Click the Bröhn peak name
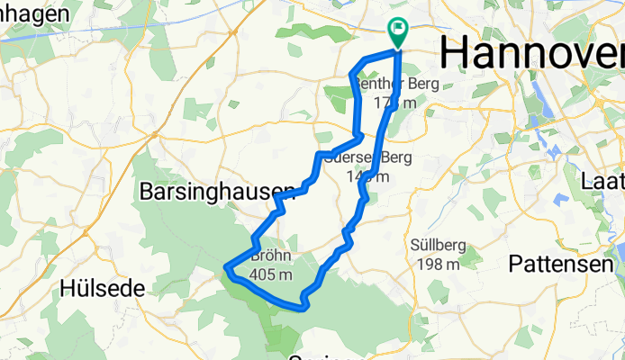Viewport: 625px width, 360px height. [272, 256]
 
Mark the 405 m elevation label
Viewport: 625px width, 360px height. [272, 274]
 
